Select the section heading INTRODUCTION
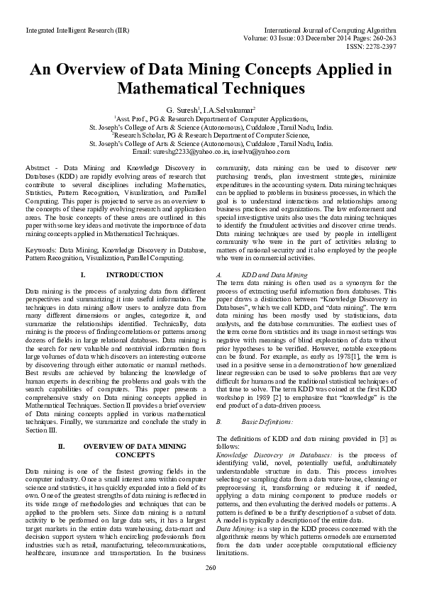tap(135, 274)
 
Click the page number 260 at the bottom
tap(211, 567)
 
